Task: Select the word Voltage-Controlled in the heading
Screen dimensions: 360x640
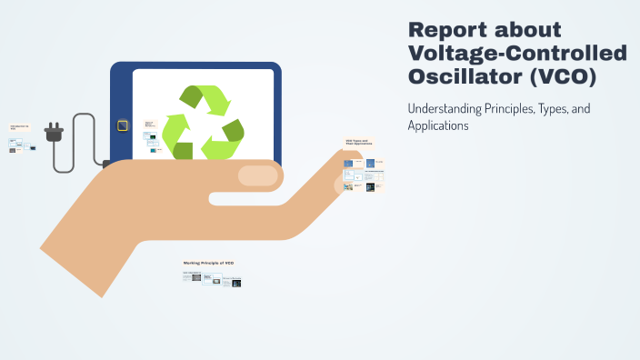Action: [517, 54]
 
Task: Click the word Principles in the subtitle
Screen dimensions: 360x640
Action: [521, 109]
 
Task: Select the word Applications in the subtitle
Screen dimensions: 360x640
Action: [438, 126]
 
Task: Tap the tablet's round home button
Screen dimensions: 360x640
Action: [121, 125]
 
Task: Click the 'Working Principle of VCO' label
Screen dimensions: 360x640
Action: [209, 263]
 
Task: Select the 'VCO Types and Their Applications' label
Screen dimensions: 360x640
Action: [358, 143]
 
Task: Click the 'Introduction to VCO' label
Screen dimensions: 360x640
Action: [19, 127]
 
